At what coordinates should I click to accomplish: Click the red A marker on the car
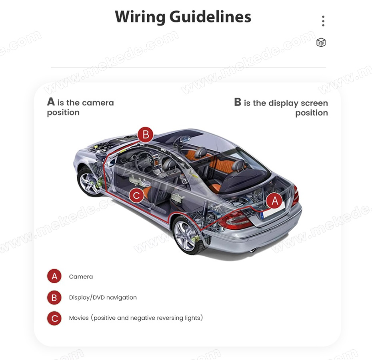(x=275, y=201)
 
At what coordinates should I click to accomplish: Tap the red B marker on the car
(x=146, y=134)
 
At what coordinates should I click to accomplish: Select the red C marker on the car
(x=136, y=195)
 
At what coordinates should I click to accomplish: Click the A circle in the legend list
(x=54, y=276)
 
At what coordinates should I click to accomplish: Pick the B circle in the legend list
(x=54, y=297)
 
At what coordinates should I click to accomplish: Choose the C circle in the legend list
(x=54, y=318)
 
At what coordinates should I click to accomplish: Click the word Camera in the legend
(x=81, y=276)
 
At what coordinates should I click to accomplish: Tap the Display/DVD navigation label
(x=103, y=297)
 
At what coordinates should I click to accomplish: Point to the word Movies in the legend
(x=79, y=318)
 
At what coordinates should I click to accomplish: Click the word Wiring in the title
(x=140, y=17)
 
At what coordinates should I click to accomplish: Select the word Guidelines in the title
(x=210, y=17)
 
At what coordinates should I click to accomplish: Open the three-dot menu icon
(x=323, y=21)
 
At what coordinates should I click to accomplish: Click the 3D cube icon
(x=321, y=42)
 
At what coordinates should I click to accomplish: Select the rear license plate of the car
(x=273, y=212)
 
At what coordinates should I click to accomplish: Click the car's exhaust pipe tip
(x=253, y=250)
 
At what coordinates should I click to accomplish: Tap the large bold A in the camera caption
(x=51, y=101)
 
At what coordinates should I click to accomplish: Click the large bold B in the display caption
(x=238, y=102)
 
